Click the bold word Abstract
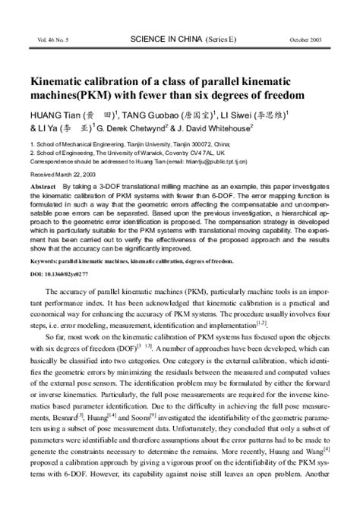click(x=43, y=186)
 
